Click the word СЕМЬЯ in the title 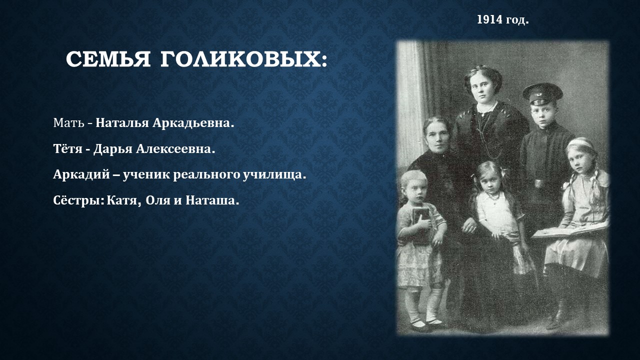pyautogui.click(x=108, y=59)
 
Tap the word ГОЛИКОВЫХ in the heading pyautogui.click(x=243, y=59)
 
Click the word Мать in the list pyautogui.click(x=68, y=123)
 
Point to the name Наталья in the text pyautogui.click(x=122, y=123)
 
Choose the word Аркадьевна pyautogui.click(x=193, y=123)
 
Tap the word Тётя pyautogui.click(x=67, y=149)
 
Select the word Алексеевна pyautogui.click(x=175, y=149)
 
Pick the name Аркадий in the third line pyautogui.click(x=81, y=174)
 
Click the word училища pyautogui.click(x=274, y=174)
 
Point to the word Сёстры pyautogui.click(x=79, y=200)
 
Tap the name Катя pyautogui.click(x=124, y=200)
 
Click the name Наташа pyautogui.click(x=212, y=200)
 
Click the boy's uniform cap pyautogui.click(x=542, y=94)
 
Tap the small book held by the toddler pyautogui.click(x=421, y=225)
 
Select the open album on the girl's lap pyautogui.click(x=570, y=230)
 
